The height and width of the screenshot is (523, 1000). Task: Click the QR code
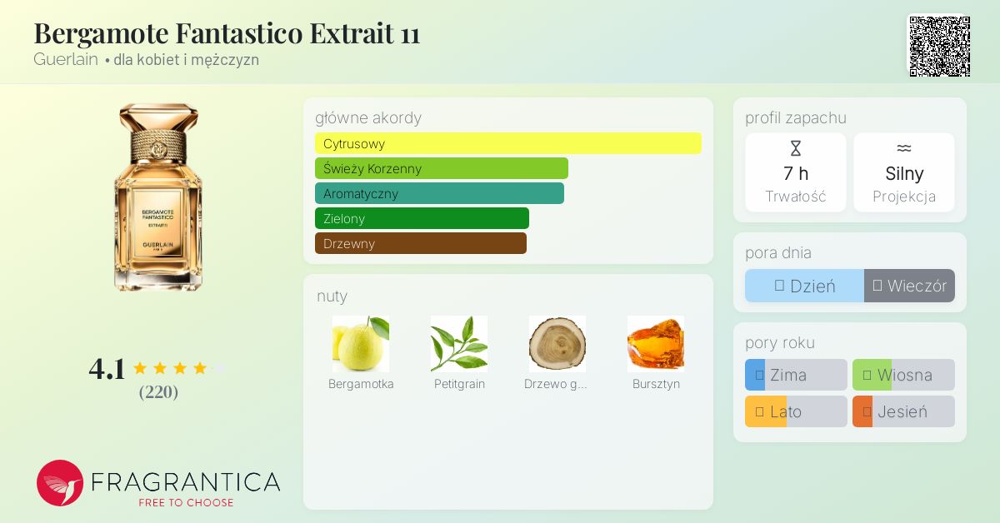coord(940,47)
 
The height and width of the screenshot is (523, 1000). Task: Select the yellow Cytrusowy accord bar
coord(508,143)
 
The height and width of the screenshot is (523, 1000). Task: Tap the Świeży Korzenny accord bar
coord(442,168)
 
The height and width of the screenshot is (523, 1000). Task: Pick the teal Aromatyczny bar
coord(439,193)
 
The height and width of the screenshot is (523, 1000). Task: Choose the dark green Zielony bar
coord(422,218)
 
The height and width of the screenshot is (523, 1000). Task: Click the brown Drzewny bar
coord(421,243)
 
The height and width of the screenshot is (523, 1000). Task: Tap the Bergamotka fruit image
coord(361,344)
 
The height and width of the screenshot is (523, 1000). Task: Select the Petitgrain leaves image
coord(459,344)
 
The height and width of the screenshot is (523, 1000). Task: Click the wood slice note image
coord(557,344)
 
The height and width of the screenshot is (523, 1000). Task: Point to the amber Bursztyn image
coord(656,344)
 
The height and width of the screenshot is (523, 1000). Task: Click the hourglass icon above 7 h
coord(796,148)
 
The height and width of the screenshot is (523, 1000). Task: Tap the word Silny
coord(904,173)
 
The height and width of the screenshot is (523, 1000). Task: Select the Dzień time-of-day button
coord(804,286)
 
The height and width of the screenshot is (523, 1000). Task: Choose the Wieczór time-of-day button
coord(909,286)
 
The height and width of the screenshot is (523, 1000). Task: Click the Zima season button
coord(796,375)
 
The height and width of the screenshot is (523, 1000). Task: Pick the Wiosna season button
coord(903,375)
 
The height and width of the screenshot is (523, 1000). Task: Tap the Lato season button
coord(796,411)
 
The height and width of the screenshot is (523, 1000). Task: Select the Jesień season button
coord(903,411)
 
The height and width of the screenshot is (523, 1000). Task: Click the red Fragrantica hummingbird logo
coord(60,483)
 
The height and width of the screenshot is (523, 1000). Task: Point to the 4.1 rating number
coord(107,369)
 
